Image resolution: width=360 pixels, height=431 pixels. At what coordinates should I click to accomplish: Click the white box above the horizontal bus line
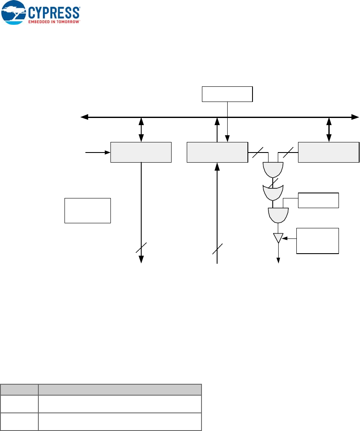[227, 94]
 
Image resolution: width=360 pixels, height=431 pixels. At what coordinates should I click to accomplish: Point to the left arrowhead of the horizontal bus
[84, 117]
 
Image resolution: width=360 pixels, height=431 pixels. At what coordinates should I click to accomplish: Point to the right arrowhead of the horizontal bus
[356, 117]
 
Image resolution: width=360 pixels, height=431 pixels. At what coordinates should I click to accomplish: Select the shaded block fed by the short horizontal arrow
[141, 152]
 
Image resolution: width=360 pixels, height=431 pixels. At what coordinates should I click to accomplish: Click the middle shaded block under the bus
[217, 152]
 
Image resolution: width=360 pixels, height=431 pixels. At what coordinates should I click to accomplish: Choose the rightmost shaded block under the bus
[329, 152]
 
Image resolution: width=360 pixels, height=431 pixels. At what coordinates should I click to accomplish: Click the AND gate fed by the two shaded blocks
[273, 170]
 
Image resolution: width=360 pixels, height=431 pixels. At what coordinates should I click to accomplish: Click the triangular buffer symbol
[278, 238]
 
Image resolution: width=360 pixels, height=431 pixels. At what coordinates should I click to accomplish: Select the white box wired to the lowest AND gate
[318, 200]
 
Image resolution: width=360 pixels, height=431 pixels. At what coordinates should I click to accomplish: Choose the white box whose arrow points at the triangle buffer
[318, 241]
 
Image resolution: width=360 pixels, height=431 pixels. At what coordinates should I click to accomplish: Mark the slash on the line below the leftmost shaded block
[141, 248]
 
